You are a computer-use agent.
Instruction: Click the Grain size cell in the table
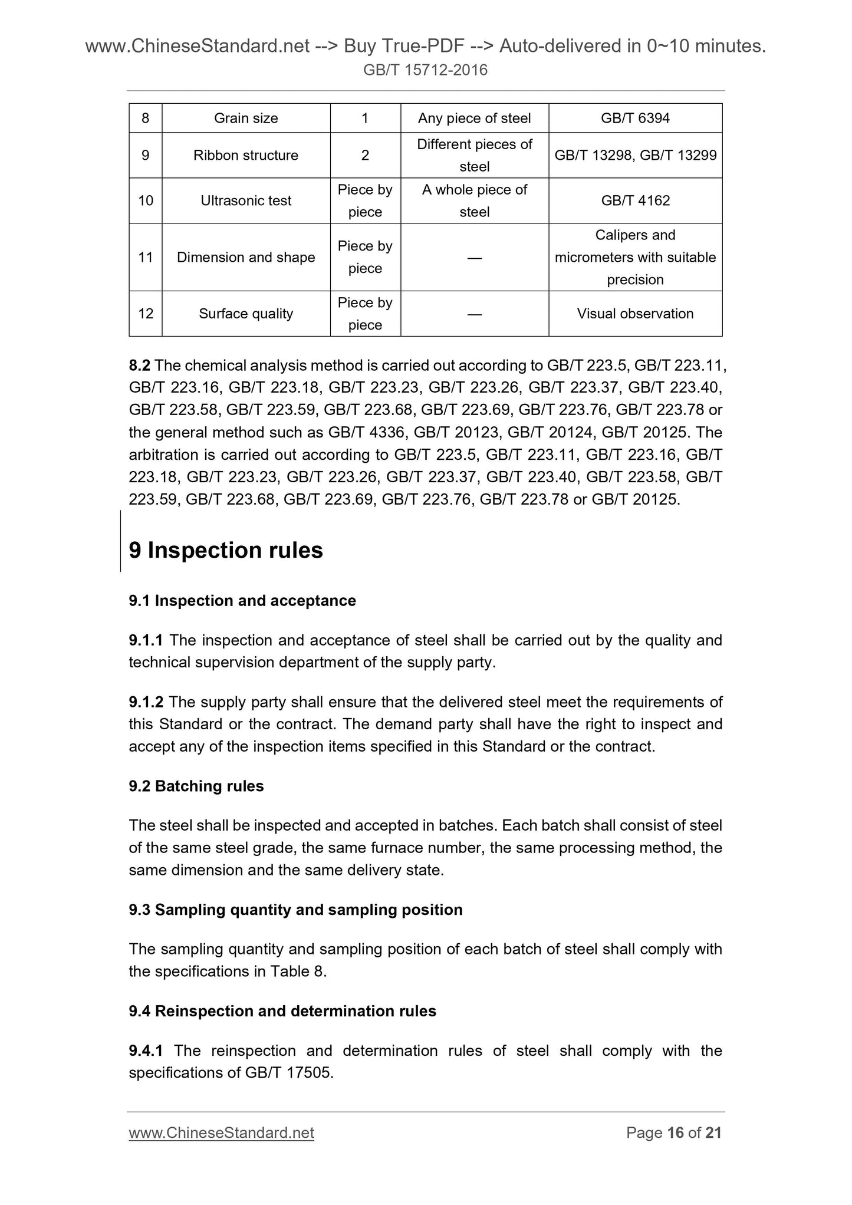click(x=246, y=118)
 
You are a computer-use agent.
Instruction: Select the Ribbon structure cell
click(x=246, y=156)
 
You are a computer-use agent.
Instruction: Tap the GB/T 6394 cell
click(x=635, y=118)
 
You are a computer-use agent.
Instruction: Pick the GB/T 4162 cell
click(x=635, y=201)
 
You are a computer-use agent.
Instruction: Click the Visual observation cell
click(x=635, y=314)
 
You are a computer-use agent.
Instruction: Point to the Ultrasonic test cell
click(x=246, y=201)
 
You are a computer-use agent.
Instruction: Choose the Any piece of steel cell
click(x=474, y=118)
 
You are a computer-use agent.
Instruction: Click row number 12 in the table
click(x=146, y=314)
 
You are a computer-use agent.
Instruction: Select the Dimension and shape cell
click(x=246, y=258)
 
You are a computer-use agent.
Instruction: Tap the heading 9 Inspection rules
click(x=226, y=551)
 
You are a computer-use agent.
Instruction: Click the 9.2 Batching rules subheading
click(x=196, y=786)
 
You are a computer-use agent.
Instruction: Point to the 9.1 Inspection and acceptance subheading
click(x=242, y=601)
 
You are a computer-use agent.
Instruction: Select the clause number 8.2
click(x=140, y=366)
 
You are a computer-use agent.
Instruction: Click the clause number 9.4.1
click(x=147, y=1051)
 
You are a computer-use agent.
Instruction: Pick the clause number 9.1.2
click(x=146, y=702)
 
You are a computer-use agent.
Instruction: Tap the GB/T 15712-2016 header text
click(x=425, y=71)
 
